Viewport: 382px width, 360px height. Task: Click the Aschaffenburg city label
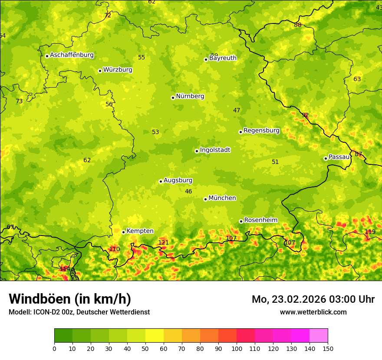[x=72, y=55]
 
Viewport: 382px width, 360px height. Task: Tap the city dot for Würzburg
[x=100, y=71]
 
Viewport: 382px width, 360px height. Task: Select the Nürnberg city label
[x=190, y=96]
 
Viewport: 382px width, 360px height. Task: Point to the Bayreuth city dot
[x=206, y=59]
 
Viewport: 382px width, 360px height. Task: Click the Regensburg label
[x=261, y=131]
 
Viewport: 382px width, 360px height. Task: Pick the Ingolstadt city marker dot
[x=197, y=151]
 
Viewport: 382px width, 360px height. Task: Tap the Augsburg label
[x=178, y=180]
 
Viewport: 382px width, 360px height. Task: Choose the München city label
[x=222, y=198]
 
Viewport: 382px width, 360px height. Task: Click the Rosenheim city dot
[x=241, y=221]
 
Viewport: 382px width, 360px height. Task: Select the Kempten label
[x=140, y=231]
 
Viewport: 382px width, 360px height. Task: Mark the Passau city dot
[x=326, y=158]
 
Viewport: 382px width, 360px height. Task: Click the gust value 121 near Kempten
[x=163, y=242]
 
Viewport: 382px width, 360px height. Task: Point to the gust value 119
[x=370, y=232]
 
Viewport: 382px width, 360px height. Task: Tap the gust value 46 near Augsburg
[x=188, y=191]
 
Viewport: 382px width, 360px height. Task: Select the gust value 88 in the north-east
[x=297, y=25]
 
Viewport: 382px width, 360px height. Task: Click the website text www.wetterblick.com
[x=313, y=312]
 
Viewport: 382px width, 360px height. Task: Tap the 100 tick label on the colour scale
[x=237, y=348]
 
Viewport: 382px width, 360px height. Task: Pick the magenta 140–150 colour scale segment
[x=319, y=335]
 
